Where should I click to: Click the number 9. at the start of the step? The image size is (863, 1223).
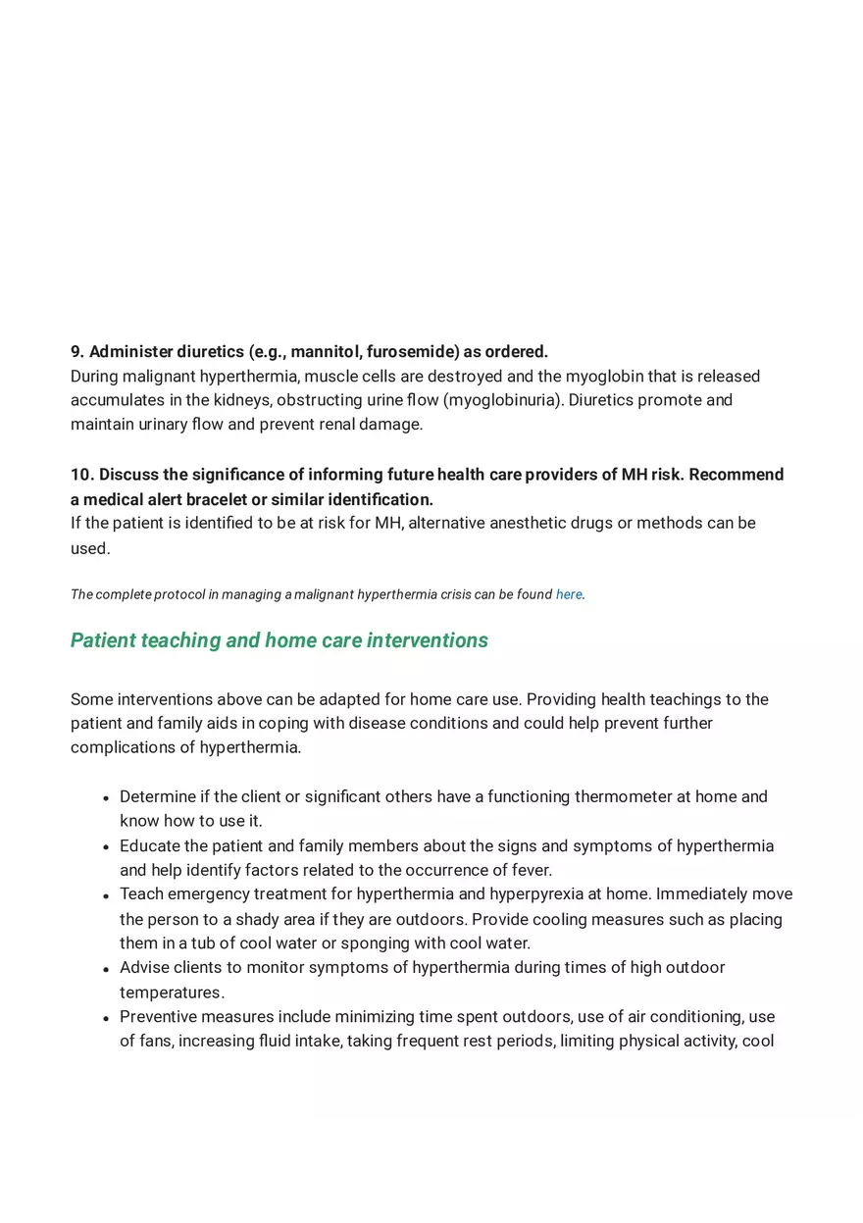point(77,352)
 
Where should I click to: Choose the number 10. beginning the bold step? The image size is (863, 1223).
point(82,475)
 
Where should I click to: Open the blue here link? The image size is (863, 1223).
point(569,594)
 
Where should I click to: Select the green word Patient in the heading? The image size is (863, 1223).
point(103,640)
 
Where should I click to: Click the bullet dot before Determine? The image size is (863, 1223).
point(106,798)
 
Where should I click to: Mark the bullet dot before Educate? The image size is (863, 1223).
point(106,847)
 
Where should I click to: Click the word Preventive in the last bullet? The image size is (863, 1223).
point(159,1017)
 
